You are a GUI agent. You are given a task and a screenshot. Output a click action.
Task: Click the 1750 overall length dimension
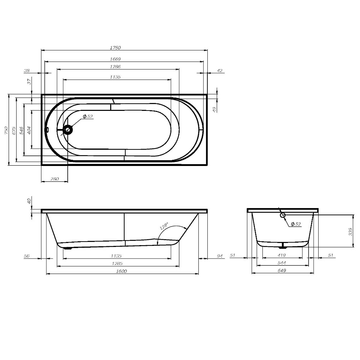click(115, 48)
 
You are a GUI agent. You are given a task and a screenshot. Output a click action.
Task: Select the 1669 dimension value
click(115, 59)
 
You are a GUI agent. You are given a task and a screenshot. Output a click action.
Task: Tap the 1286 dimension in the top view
click(115, 67)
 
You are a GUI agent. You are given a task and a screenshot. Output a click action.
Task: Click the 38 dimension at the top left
click(27, 71)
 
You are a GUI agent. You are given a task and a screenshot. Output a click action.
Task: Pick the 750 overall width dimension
click(5, 130)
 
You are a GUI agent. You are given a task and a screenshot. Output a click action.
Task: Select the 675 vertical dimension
click(13, 130)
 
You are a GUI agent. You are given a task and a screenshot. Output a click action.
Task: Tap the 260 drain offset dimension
click(55, 179)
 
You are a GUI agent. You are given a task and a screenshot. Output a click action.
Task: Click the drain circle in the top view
click(68, 129)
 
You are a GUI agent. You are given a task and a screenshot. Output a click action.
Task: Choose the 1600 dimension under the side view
click(122, 271)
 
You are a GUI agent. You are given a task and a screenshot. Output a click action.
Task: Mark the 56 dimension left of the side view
click(26, 256)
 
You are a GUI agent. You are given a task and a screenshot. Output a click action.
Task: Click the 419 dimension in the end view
click(282, 256)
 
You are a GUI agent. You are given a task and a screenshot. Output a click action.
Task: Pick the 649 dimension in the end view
click(282, 271)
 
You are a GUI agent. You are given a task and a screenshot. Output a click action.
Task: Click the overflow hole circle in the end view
click(283, 215)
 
